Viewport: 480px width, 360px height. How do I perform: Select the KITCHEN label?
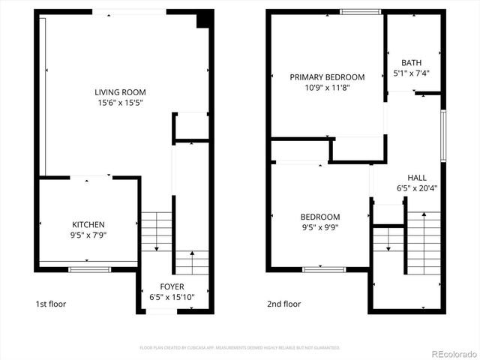coord(88,224)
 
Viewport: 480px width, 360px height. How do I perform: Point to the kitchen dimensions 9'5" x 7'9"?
coord(88,235)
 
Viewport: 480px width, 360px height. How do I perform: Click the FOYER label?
coord(172,286)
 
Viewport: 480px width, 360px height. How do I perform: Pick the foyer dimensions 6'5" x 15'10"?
coord(172,298)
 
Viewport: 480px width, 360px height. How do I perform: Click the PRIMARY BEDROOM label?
coord(327,76)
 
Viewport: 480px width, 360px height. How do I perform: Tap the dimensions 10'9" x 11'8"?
coord(327,88)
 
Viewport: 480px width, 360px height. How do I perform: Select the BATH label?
coord(411,63)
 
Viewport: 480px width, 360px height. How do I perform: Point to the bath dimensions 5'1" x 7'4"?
coord(411,73)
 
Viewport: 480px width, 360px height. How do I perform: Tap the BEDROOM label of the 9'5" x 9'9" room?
coord(319,217)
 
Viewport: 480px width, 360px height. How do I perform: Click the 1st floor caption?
coord(52,304)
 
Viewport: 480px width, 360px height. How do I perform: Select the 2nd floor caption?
coord(284,304)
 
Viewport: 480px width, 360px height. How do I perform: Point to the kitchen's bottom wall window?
coord(79,268)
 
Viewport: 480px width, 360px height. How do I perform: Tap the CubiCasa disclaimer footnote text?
coord(240,348)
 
